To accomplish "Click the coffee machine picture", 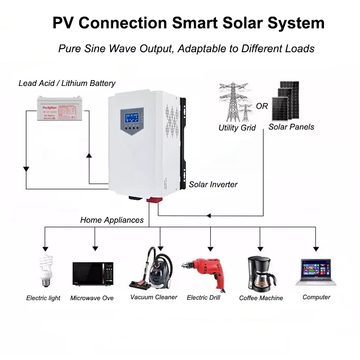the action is (261, 274).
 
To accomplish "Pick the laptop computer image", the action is (316, 272).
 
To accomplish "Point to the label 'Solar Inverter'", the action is (213, 184).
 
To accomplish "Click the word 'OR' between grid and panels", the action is (262, 107).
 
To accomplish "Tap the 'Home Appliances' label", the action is (112, 220).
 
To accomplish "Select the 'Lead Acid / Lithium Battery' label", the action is (67, 83).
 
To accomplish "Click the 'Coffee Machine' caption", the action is (261, 298).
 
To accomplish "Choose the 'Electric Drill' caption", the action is (203, 297).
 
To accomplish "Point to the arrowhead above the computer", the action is (316, 248).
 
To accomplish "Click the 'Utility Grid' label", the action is (237, 128).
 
